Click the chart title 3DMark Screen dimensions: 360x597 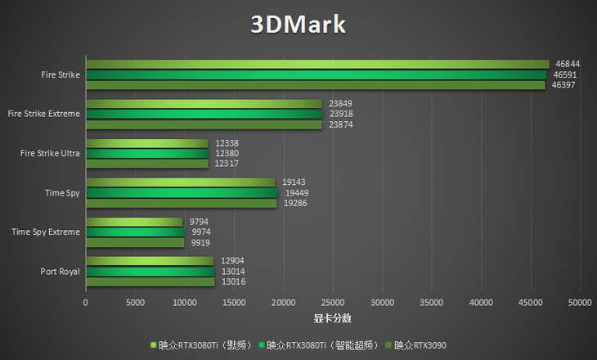[298, 25]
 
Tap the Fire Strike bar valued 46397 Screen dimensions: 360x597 [315, 84]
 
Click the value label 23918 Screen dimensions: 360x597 [341, 114]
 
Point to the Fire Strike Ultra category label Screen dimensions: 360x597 [51, 153]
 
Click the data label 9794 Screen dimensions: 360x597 [200, 222]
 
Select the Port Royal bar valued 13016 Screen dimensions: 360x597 [150, 281]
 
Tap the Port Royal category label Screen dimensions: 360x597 [60, 272]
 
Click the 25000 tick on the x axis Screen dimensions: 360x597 [333, 303]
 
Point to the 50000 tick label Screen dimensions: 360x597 [580, 303]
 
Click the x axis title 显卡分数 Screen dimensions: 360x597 [333, 318]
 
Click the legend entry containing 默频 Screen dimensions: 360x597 [204, 345]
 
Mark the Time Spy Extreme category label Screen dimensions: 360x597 [46, 232]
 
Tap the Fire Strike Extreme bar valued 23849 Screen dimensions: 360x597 [204, 104]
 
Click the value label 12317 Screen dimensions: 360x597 [227, 164]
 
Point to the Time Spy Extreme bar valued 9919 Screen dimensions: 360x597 [135, 242]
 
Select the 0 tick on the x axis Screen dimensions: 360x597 [86, 303]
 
